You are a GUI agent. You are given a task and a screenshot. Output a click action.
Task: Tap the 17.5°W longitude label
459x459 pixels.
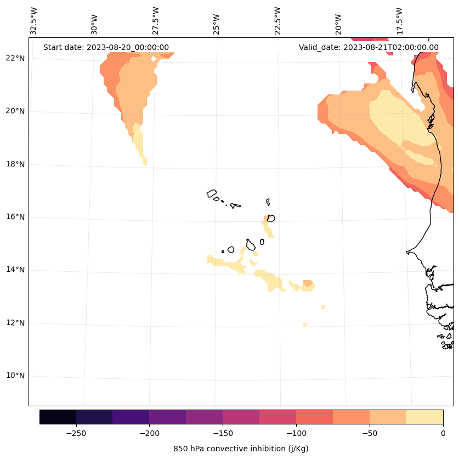(399, 20)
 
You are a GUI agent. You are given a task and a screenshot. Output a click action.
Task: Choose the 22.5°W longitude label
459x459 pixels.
(277, 20)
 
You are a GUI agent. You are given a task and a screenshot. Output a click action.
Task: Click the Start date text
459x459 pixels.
(106, 47)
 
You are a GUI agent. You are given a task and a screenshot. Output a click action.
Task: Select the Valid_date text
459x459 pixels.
(369, 47)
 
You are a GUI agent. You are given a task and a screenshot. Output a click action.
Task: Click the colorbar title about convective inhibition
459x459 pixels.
(241, 449)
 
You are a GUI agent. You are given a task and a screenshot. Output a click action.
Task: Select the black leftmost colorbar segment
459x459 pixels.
(58, 417)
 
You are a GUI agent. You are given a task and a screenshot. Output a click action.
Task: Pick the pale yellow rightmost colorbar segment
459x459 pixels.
(424, 417)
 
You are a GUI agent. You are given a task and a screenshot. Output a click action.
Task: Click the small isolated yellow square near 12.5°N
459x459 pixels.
(323, 307)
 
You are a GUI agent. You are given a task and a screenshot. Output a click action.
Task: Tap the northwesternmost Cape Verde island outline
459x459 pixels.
(212, 193)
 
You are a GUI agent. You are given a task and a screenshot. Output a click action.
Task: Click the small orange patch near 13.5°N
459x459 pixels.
(308, 283)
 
